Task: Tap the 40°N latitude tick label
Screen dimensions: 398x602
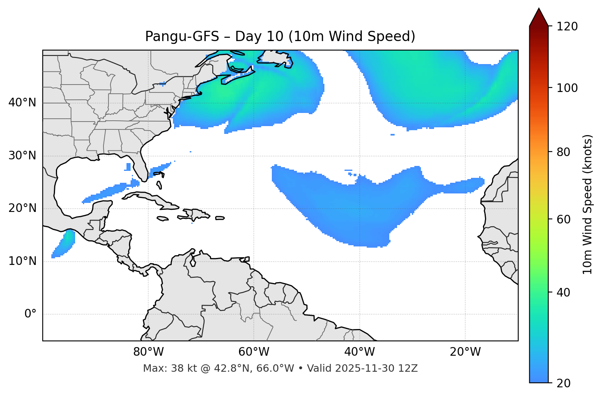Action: coord(22,103)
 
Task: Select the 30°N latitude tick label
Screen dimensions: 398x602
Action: coord(22,156)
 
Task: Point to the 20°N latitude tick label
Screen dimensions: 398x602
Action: coord(22,208)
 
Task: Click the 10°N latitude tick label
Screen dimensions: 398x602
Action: coord(22,261)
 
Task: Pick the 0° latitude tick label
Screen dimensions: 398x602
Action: coord(30,314)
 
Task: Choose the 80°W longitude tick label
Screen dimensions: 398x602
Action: coord(148,352)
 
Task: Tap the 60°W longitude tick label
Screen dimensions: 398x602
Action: coord(254,352)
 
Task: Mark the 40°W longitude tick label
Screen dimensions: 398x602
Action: coord(359,352)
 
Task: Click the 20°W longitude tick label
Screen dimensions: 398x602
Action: coord(465,352)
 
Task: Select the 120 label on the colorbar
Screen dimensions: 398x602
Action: coord(567,27)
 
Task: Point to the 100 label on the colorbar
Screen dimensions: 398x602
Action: coord(567,88)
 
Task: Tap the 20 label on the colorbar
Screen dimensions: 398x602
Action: coord(563,383)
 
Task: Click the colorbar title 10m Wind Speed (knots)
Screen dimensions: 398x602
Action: coord(588,204)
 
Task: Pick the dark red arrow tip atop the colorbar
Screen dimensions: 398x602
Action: coord(539,16)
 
